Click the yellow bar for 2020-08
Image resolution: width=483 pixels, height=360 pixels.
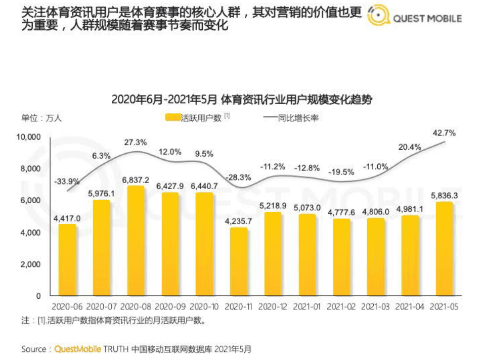(x=136, y=241)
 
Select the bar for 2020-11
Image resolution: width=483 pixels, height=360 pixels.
(x=239, y=261)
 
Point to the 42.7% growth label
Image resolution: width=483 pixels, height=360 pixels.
(x=445, y=133)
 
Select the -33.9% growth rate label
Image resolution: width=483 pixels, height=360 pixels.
(x=67, y=181)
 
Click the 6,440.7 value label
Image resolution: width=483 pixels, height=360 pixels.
(x=205, y=186)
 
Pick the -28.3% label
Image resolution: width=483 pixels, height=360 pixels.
(x=238, y=177)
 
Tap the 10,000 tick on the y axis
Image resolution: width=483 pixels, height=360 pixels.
(x=29, y=137)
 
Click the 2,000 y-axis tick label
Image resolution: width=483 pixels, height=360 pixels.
(x=32, y=264)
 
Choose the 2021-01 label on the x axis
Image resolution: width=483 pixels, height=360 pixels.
(x=307, y=306)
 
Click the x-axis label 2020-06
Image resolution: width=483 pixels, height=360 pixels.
(x=67, y=306)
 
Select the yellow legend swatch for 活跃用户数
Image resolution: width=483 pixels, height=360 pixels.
(x=172, y=118)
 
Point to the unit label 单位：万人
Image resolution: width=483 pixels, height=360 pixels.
(x=41, y=118)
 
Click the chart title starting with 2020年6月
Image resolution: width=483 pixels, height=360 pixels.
(x=241, y=99)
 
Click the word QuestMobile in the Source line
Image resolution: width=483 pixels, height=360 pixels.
(x=77, y=349)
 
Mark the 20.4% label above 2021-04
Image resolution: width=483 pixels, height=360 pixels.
(x=410, y=147)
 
